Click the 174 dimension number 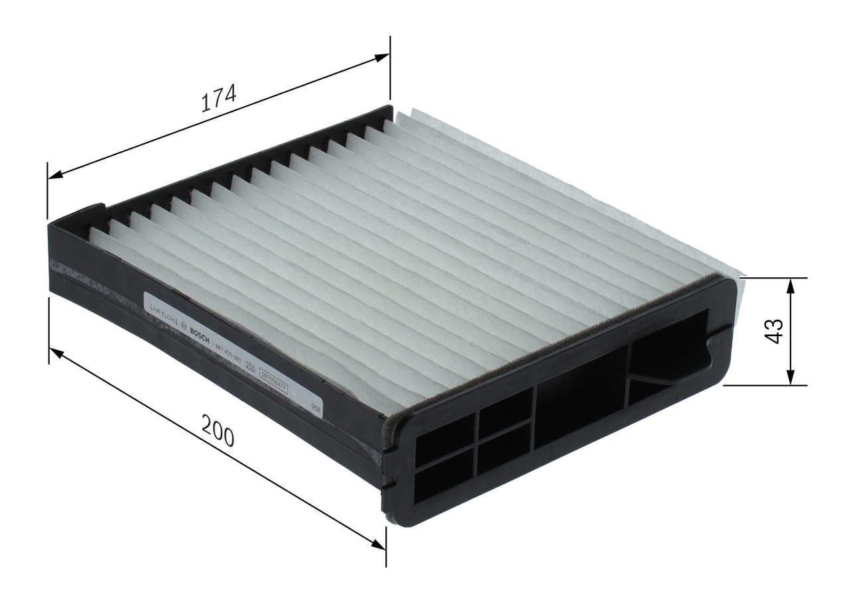[219, 99]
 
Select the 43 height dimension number [774, 331]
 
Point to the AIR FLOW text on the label [161, 312]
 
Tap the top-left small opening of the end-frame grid [444, 440]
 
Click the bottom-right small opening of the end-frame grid [503, 456]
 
